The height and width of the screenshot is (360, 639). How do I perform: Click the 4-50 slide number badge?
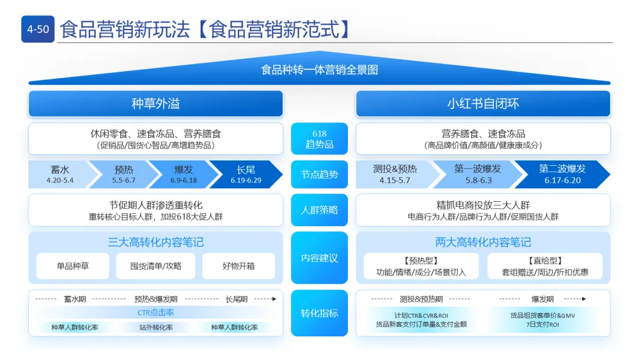coord(38,29)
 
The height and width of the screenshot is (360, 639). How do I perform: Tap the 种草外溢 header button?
coord(156,104)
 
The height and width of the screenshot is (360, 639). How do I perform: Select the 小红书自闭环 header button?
coord(483,104)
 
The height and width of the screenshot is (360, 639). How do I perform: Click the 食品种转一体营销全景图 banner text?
coord(319,70)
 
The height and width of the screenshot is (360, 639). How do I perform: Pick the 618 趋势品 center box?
coord(319,139)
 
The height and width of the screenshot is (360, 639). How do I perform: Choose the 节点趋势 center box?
coord(319,174)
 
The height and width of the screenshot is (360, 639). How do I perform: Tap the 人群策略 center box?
coord(319,210)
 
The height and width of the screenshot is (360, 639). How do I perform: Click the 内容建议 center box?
coord(319,258)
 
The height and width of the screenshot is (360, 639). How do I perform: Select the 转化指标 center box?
coord(319,313)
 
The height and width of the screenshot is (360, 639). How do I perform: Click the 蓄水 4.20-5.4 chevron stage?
coord(59,174)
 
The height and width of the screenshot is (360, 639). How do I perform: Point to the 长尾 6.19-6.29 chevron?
coord(246,174)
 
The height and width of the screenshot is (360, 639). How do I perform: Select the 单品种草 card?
coord(73,266)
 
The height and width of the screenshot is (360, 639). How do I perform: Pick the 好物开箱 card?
coord(238,266)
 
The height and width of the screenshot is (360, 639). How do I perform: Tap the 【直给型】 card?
coord(545,266)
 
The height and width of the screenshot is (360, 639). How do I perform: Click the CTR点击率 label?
coord(156,313)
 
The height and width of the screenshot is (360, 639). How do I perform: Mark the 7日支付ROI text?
coord(542,324)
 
